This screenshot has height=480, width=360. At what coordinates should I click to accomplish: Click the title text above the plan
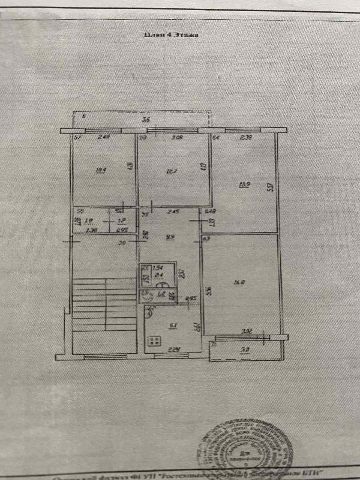click(x=171, y=35)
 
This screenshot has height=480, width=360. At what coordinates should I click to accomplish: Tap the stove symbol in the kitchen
click(x=154, y=340)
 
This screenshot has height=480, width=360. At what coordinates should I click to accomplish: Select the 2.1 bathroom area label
click(x=159, y=275)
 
